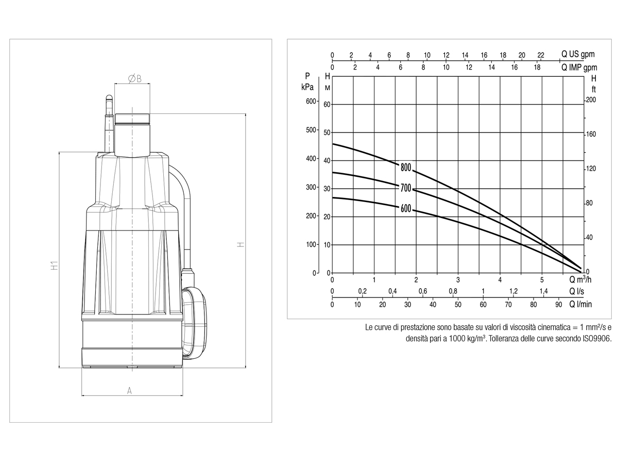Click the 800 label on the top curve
pyautogui.click(x=406, y=168)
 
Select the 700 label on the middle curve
pyautogui.click(x=406, y=188)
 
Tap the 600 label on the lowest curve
pyautogui.click(x=406, y=208)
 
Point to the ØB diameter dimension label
pyautogui.click(x=134, y=78)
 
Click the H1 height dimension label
pyautogui.click(x=55, y=266)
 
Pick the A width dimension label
pyautogui.click(x=129, y=391)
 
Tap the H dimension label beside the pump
pyautogui.click(x=241, y=244)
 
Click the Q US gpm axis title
pyautogui.click(x=578, y=54)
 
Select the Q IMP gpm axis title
pyautogui.click(x=579, y=68)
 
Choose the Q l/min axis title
pyautogui.click(x=580, y=304)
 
